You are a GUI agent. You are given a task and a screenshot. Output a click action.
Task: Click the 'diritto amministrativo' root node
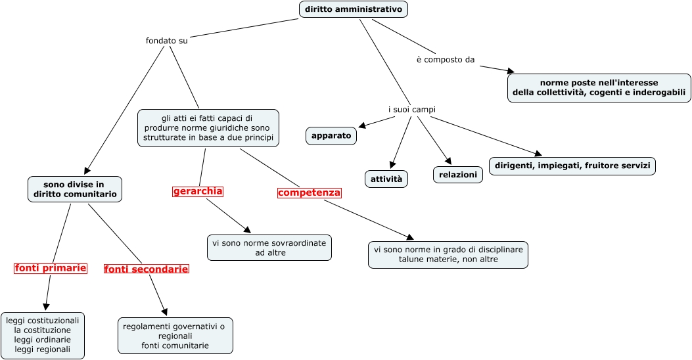pyautogui.click(x=353, y=9)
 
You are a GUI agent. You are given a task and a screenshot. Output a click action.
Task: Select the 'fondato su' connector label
pyautogui.click(x=166, y=41)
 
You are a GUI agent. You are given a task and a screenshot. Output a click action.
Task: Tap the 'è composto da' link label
pyautogui.click(x=445, y=60)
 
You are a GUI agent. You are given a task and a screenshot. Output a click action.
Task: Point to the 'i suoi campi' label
pyautogui.click(x=411, y=109)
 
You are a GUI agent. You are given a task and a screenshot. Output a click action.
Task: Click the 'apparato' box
pyautogui.click(x=331, y=136)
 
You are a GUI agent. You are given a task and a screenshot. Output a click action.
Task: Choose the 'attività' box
pyautogui.click(x=386, y=179)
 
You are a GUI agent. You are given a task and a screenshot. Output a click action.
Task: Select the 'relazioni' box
pyautogui.click(x=457, y=174)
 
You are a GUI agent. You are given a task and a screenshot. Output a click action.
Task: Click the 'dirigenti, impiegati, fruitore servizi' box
pyautogui.click(x=572, y=166)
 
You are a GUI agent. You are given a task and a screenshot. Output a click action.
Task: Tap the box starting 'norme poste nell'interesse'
pyautogui.click(x=599, y=88)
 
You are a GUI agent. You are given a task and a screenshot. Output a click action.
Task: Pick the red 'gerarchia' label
pyautogui.click(x=198, y=191)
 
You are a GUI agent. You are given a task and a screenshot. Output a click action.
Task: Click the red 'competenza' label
pyautogui.click(x=310, y=192)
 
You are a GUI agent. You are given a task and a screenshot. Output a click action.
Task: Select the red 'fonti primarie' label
pyautogui.click(x=51, y=268)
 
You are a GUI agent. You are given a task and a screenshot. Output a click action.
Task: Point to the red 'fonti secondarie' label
pyautogui.click(x=146, y=269)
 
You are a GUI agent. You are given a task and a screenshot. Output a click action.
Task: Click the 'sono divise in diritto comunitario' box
pyautogui.click(x=75, y=189)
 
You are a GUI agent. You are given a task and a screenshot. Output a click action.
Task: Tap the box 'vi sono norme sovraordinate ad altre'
pyautogui.click(x=269, y=248)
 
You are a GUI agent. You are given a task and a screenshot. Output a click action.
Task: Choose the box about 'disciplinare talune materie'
pyautogui.click(x=448, y=255)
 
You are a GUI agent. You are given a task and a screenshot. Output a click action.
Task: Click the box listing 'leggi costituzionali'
pyautogui.click(x=43, y=335)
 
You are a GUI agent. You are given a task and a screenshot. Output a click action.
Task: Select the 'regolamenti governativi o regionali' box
pyautogui.click(x=175, y=336)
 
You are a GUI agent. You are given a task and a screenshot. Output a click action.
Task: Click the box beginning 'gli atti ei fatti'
pyautogui.click(x=208, y=128)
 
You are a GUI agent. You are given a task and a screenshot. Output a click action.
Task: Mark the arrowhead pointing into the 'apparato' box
pyautogui.click(x=363, y=125)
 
